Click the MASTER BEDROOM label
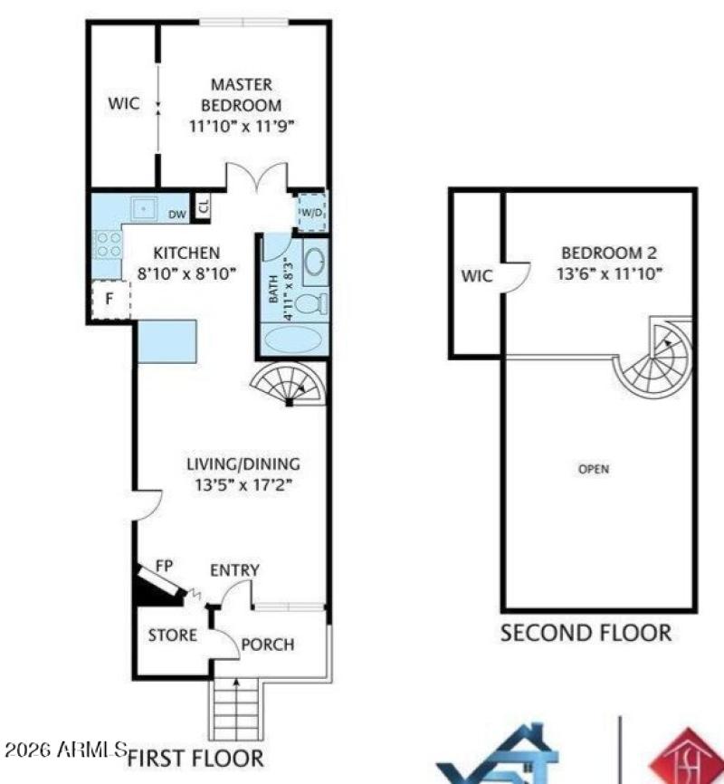click(x=242, y=94)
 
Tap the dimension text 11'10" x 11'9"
click(x=243, y=126)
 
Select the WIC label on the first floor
click(x=124, y=103)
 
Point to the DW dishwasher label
click(x=177, y=214)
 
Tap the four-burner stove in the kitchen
click(x=109, y=244)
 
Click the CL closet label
click(x=204, y=206)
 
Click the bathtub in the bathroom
click(x=292, y=340)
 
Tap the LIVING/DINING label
click(x=243, y=464)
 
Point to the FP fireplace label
click(x=165, y=565)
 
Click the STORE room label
click(x=172, y=636)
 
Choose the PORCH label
click(x=269, y=645)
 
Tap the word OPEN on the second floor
click(x=594, y=469)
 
